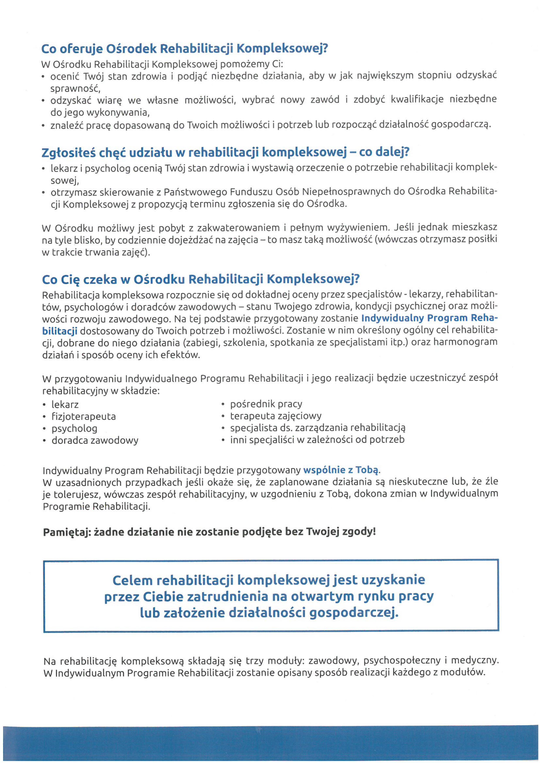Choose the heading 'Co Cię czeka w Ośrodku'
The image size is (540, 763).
[x=201, y=279]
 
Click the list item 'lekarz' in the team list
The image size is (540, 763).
[x=65, y=405]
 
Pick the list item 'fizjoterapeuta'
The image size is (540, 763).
[x=83, y=417]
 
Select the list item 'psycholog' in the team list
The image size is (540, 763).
[x=74, y=429]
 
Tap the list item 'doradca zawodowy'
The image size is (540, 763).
[x=95, y=441]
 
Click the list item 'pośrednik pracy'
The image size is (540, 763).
[x=266, y=404]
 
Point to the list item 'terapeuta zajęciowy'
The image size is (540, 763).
[x=276, y=416]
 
